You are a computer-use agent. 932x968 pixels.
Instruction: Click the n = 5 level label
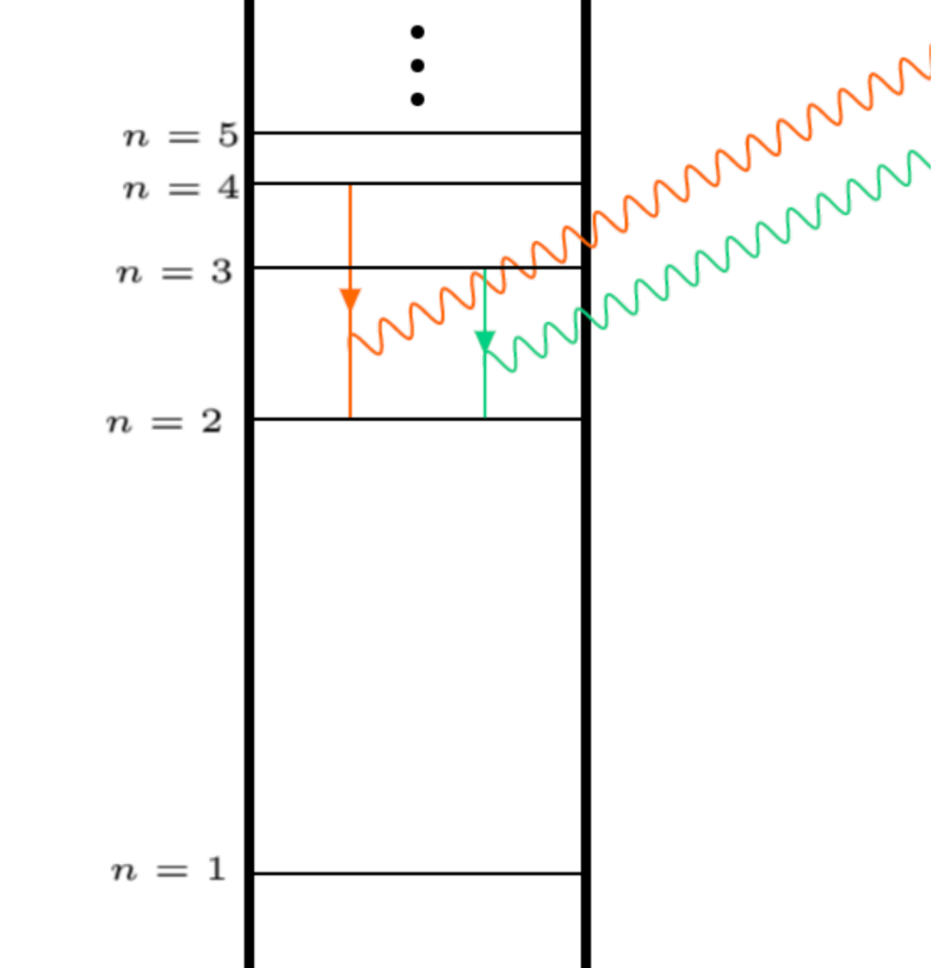point(181,137)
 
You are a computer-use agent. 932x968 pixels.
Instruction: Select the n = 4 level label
point(181,188)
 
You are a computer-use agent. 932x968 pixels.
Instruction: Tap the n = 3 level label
point(175,273)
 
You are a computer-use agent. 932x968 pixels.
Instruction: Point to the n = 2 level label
point(165,422)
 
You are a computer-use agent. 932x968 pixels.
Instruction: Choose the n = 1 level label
point(170,870)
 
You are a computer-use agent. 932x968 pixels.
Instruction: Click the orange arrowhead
point(350,299)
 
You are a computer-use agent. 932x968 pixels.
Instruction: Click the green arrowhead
point(485,342)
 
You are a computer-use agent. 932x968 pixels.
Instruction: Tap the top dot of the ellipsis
point(417,33)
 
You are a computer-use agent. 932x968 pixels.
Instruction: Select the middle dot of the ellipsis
point(417,66)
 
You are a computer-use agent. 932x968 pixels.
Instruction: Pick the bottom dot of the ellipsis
point(417,100)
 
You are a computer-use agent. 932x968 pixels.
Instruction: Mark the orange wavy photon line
point(654,197)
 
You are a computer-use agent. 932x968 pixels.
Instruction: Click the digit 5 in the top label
point(229,136)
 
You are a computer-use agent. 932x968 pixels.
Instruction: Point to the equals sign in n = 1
point(173,871)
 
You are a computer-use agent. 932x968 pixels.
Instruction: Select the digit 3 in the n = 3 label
point(222,272)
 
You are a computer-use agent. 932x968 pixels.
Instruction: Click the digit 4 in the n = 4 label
point(229,188)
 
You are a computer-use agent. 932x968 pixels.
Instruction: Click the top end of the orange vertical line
point(350,188)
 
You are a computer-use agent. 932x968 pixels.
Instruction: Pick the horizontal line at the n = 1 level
point(417,873)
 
